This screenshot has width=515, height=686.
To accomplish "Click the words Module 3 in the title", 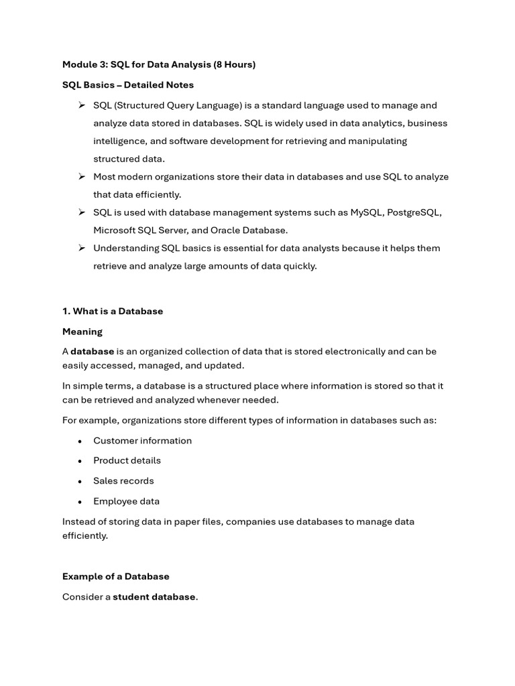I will (83, 65).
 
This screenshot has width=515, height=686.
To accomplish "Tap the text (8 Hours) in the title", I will (234, 65).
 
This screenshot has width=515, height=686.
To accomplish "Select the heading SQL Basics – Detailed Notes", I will (128, 85).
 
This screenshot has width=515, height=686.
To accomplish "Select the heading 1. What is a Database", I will (113, 312).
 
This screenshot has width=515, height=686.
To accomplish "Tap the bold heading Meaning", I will (82, 332).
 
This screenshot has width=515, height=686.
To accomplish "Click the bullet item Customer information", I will (142, 441).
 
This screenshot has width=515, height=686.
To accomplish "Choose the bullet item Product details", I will (127, 461).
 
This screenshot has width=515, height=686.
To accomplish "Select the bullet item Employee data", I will (126, 501).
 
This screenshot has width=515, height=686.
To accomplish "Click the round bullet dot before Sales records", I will (80, 482).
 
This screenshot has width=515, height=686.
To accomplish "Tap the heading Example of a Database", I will (116, 577).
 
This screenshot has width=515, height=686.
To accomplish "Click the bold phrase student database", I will (154, 597).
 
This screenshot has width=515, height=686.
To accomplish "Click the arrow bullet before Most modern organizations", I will (81, 177).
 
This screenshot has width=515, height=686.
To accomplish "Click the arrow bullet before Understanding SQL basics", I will (81, 249).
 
